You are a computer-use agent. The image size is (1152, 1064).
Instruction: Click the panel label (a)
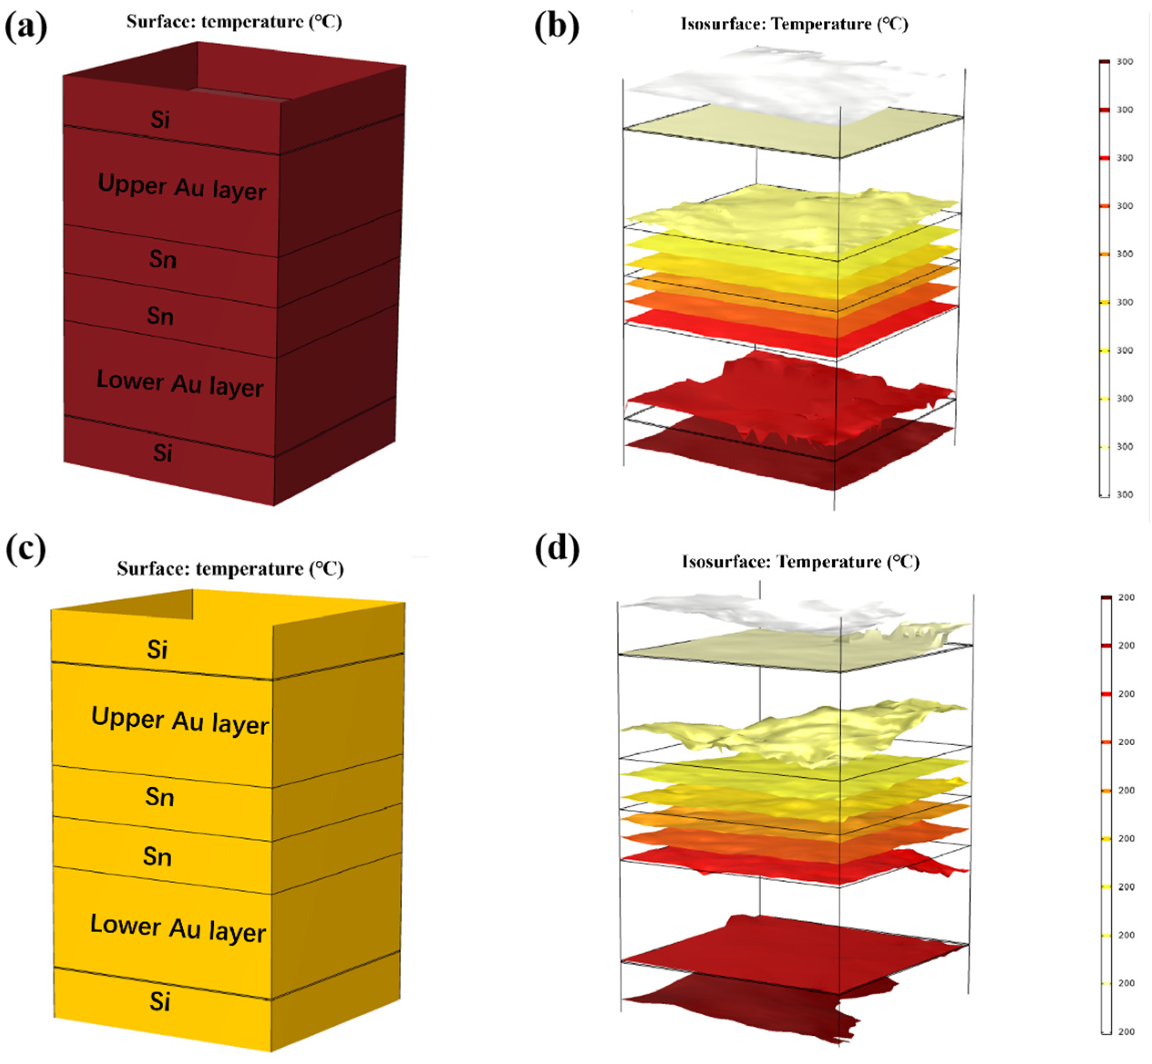pos(26,26)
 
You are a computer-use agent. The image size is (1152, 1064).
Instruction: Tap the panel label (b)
pos(556,26)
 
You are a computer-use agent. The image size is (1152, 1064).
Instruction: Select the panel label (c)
pos(26,550)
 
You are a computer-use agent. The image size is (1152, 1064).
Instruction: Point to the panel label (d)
pos(556,550)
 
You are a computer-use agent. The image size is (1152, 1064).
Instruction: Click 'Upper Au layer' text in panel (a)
pos(181,187)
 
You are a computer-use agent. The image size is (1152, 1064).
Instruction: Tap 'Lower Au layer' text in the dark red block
pos(180,383)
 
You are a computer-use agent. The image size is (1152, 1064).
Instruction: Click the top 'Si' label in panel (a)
pos(160,120)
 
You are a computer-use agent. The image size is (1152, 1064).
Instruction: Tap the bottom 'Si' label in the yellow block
pos(159,1002)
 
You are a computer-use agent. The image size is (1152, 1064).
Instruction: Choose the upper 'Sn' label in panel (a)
pos(162,260)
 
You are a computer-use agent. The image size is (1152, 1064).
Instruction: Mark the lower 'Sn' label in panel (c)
pos(157,857)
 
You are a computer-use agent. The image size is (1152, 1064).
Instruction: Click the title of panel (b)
pos(794,24)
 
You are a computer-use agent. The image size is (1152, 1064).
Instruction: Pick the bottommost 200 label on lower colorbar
pos(1126,1032)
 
